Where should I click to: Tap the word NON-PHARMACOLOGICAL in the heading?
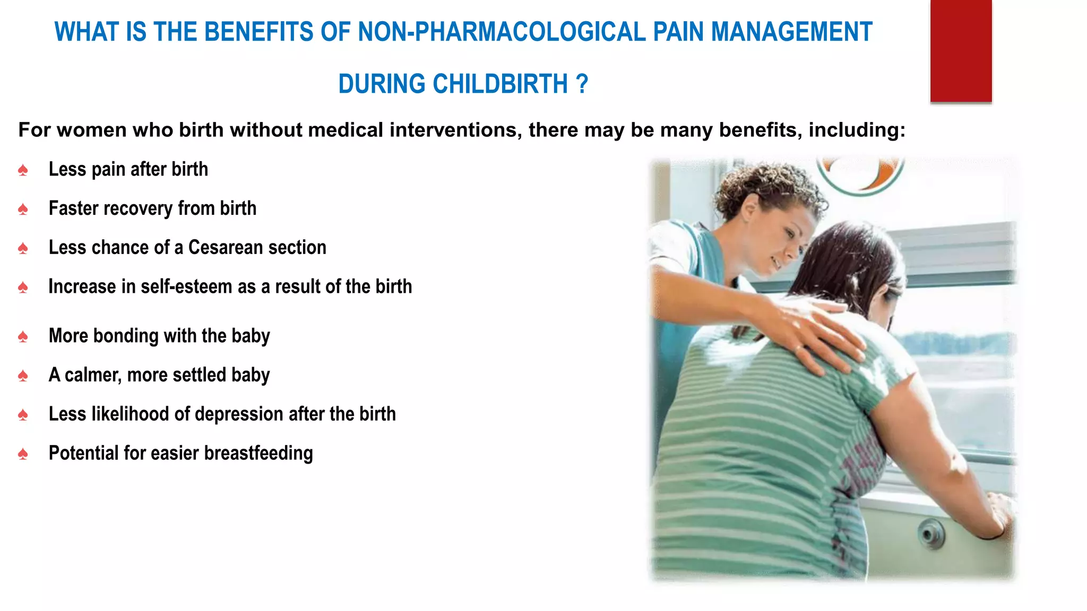(502, 32)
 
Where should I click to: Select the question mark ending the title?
(582, 84)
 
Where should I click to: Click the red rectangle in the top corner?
(961, 50)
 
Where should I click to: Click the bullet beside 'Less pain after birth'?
(23, 170)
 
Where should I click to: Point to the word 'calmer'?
(93, 376)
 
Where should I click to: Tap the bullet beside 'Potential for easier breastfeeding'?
(23, 454)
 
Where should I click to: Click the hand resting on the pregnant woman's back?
(817, 334)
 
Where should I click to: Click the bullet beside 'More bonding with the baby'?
(23, 337)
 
